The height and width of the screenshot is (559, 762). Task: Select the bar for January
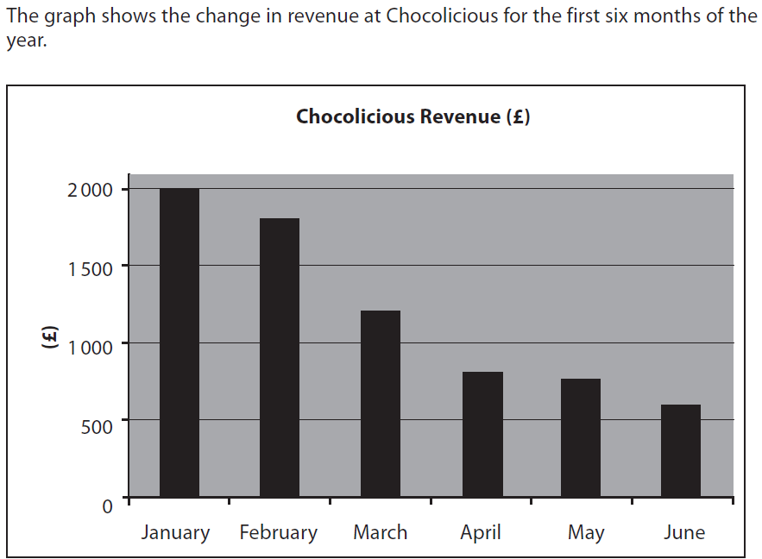coord(179,342)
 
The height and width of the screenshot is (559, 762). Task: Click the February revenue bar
coord(280,357)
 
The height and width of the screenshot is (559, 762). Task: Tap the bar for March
coord(381,404)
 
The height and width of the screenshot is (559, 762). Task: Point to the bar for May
coord(581,437)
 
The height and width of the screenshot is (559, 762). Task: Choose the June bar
coord(681,450)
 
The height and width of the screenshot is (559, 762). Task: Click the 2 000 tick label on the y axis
coord(90,190)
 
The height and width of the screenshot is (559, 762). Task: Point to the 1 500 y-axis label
coord(90,268)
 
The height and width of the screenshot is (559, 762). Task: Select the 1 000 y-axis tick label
coord(90,347)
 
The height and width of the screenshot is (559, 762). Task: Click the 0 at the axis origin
coord(107,506)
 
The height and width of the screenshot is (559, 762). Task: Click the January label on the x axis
coord(175,533)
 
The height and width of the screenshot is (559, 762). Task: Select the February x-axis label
coord(278,533)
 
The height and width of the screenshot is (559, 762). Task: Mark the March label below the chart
coord(380,532)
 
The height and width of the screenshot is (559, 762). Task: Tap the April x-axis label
coord(481,533)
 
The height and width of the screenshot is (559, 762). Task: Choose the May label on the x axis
coord(586,533)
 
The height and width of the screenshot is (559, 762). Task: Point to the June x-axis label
coord(684,532)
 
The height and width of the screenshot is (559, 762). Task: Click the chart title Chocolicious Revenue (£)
coord(412,116)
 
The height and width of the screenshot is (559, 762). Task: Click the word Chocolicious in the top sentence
coord(439,18)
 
